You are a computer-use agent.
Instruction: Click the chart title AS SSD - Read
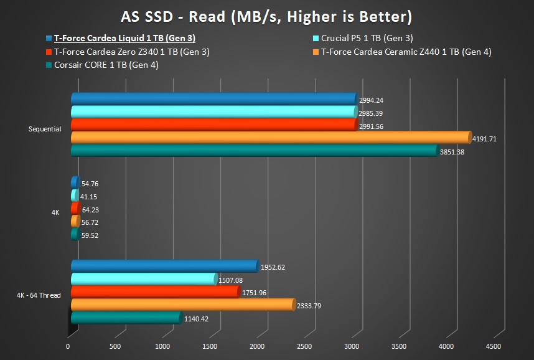(266, 16)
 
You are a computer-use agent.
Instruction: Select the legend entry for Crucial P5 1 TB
(367, 38)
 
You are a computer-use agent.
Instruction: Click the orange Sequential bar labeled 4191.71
(271, 138)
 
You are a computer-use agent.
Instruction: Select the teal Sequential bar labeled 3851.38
(255, 151)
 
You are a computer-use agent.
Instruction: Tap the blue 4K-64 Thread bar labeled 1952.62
(164, 266)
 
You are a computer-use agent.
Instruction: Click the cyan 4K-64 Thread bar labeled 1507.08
(144, 279)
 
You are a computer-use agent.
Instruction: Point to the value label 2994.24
(371, 100)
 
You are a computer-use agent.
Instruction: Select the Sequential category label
(45, 130)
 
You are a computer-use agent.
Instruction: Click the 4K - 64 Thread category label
(39, 295)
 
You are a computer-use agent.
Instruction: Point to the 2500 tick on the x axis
(304, 346)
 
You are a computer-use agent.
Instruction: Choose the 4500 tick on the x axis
(492, 346)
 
